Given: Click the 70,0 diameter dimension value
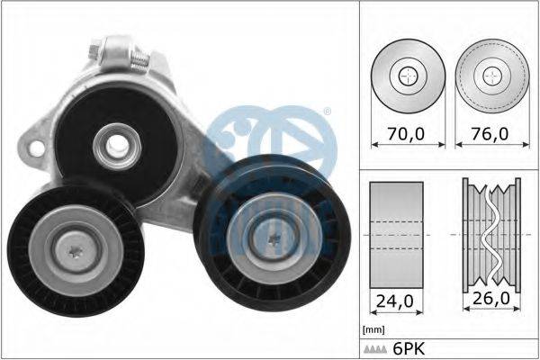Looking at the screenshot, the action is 406,134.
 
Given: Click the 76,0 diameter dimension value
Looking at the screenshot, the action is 490,134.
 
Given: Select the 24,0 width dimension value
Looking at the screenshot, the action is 395,301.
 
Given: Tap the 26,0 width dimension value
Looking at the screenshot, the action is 491,298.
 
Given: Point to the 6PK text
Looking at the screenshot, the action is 409,349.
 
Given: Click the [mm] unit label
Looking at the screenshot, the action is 373,329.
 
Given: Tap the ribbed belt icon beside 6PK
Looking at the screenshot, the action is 375,350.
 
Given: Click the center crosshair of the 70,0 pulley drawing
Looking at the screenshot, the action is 408,76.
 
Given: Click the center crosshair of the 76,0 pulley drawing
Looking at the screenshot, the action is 492,76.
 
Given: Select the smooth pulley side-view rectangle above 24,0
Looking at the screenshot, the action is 396,235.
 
